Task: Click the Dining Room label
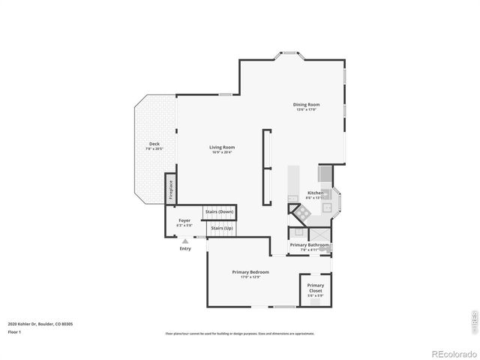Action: tap(307, 104)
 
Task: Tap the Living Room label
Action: tap(222, 147)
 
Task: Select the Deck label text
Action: tap(154, 143)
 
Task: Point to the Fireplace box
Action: tap(170, 187)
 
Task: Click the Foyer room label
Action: tap(184, 220)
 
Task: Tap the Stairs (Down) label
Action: tap(220, 212)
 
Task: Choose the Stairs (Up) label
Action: tap(220, 228)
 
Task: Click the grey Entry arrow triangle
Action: tap(184, 241)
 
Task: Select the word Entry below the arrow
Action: tap(184, 248)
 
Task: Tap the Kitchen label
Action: tap(316, 193)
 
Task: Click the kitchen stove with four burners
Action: tap(302, 213)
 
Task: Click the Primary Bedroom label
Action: tap(250, 271)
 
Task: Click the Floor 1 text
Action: tap(15, 331)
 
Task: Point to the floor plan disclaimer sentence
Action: tap(240, 333)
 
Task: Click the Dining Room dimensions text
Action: tap(307, 109)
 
